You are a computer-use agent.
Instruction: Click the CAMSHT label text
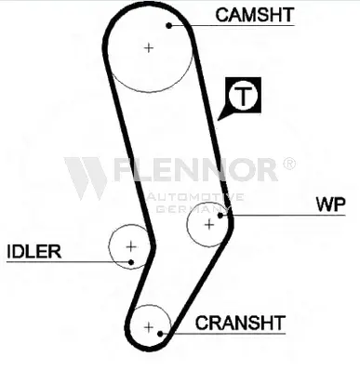(x=255, y=15)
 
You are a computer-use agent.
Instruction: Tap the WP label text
(x=331, y=204)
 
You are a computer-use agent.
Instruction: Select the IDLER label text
(x=33, y=251)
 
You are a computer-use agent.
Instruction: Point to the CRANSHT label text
(x=240, y=323)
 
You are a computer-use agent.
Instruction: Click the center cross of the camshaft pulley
(x=149, y=48)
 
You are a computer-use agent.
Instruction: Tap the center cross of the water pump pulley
(x=209, y=224)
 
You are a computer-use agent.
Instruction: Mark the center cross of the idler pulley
(x=131, y=246)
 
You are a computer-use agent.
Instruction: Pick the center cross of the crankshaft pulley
(x=149, y=327)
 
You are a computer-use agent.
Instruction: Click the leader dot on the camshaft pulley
(x=169, y=25)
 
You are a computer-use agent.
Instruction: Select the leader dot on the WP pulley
(x=220, y=215)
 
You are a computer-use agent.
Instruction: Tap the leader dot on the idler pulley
(x=131, y=262)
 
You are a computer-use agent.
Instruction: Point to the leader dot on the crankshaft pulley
(x=160, y=334)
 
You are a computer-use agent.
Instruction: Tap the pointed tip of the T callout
(x=218, y=120)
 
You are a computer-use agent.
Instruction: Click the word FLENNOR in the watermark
(x=195, y=169)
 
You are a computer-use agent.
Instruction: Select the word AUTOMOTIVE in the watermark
(x=195, y=197)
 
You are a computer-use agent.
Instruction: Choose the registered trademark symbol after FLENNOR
(x=289, y=164)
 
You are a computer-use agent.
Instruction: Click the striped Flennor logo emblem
(x=86, y=178)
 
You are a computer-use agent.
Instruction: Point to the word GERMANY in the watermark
(x=192, y=208)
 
